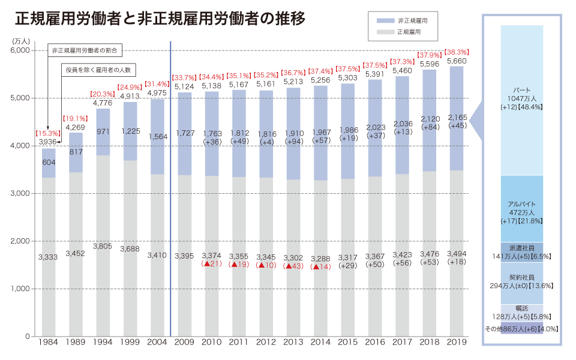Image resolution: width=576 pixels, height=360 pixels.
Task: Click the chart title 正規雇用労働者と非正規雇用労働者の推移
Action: (x=160, y=19)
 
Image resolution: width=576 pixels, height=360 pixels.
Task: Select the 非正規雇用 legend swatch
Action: (x=385, y=21)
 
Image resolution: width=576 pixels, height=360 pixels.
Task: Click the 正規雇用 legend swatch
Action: (x=385, y=31)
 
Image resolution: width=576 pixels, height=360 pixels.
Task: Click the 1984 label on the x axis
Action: (x=48, y=342)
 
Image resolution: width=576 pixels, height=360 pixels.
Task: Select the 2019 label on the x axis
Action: (x=456, y=342)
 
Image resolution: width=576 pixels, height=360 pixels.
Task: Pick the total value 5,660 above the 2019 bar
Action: (x=457, y=61)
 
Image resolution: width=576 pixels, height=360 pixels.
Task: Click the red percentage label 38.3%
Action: (x=457, y=52)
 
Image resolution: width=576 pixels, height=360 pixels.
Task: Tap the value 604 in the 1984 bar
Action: (x=49, y=163)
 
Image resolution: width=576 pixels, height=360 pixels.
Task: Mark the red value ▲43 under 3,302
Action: (x=293, y=265)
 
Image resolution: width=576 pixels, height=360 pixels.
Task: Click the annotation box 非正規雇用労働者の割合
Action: (x=85, y=50)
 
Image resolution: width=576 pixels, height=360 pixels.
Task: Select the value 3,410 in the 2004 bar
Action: (x=157, y=256)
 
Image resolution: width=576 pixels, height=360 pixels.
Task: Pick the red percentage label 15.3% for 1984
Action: (x=48, y=133)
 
